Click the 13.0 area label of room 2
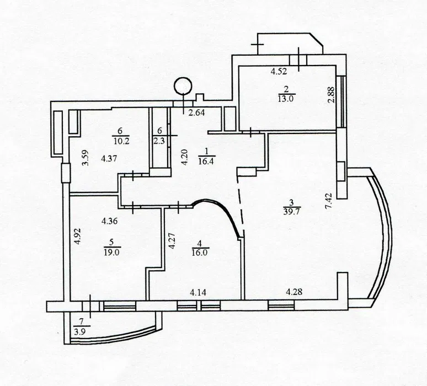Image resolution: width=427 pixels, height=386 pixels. (286, 99)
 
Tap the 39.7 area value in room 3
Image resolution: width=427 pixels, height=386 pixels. (291, 212)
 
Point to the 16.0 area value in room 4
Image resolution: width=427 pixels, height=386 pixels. (200, 252)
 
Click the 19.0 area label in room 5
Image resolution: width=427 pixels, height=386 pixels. (111, 252)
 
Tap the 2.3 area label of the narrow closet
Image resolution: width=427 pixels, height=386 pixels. (159, 141)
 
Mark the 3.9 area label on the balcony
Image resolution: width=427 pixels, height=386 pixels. (79, 333)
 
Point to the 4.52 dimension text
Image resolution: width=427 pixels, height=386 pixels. (279, 72)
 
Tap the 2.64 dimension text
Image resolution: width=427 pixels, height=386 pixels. (196, 112)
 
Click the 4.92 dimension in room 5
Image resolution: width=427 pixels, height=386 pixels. (78, 236)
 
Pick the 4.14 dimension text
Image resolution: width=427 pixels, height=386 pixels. (198, 293)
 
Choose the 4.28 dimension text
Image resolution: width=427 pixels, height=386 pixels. (294, 292)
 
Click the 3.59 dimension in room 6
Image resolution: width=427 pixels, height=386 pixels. (86, 158)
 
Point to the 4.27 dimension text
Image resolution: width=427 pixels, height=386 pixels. (171, 240)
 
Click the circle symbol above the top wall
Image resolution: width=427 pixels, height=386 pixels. (183, 86)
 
